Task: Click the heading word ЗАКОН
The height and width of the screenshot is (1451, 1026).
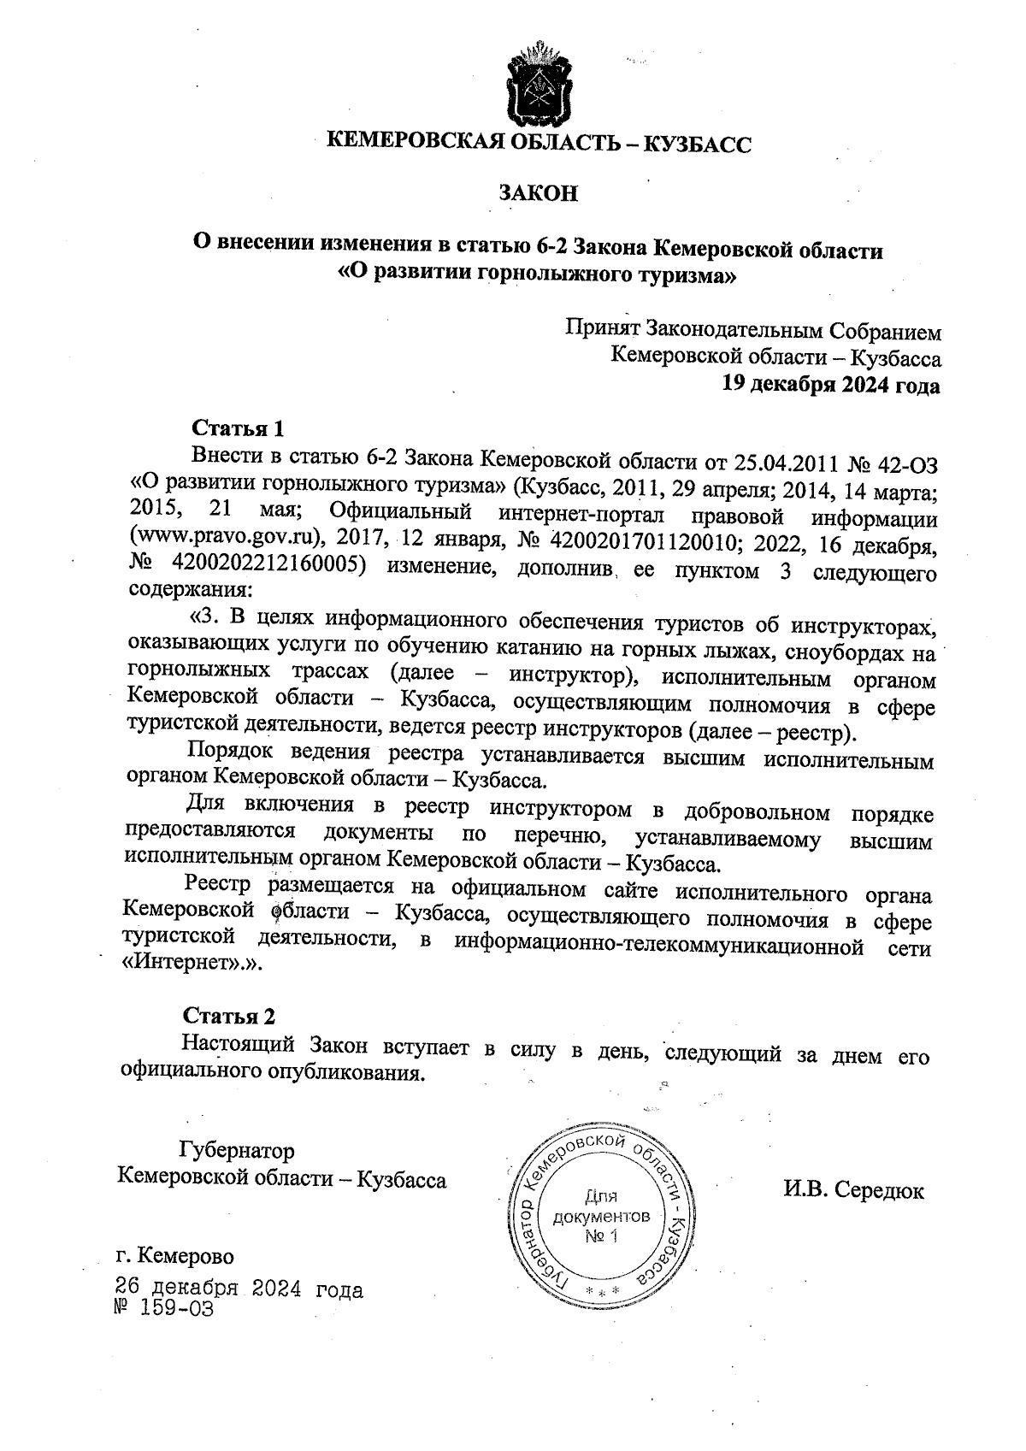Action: [x=539, y=193]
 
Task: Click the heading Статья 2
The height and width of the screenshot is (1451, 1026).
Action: [x=230, y=1016]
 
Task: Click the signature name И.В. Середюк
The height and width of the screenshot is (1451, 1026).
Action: [x=853, y=1190]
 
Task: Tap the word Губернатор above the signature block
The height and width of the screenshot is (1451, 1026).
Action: [x=236, y=1150]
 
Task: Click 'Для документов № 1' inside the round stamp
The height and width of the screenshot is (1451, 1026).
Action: [x=600, y=1215]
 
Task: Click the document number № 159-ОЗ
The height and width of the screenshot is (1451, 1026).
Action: [x=162, y=1309]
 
